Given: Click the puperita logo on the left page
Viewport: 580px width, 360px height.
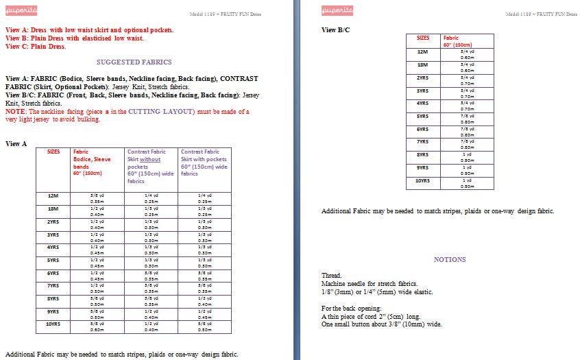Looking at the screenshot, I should pyautogui.click(x=21, y=11).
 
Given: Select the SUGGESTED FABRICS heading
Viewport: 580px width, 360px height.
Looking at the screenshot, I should pyautogui.click(x=134, y=62).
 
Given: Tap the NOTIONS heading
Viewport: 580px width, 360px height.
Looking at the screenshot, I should pyautogui.click(x=450, y=259).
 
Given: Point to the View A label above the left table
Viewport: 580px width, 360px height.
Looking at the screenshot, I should pyautogui.click(x=16, y=143).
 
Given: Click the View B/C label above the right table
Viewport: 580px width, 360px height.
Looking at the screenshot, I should pyautogui.click(x=336, y=30).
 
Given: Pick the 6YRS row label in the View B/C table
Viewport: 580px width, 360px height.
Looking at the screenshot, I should pyautogui.click(x=423, y=129).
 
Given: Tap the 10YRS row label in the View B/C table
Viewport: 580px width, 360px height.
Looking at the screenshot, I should pyautogui.click(x=423, y=180).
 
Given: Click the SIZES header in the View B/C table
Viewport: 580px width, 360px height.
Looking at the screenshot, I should pyautogui.click(x=423, y=38).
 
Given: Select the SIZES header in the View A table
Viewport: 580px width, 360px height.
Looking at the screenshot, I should pyautogui.click(x=53, y=152).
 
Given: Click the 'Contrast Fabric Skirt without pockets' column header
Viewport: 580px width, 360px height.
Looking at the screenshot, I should pyautogui.click(x=151, y=166).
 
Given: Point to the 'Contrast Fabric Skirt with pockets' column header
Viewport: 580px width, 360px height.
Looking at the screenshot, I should pyautogui.click(x=204, y=163).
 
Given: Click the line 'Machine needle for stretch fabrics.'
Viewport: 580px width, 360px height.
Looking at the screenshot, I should pyautogui.click(x=370, y=283).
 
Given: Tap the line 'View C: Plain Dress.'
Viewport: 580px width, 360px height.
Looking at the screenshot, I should pyautogui.click(x=36, y=47).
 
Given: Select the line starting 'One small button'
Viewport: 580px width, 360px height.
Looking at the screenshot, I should pyautogui.click(x=382, y=324).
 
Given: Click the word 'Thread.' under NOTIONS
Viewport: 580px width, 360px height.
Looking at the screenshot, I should pyautogui.click(x=332, y=275).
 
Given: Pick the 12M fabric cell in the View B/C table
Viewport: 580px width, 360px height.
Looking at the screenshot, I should pyautogui.click(x=468, y=54).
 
